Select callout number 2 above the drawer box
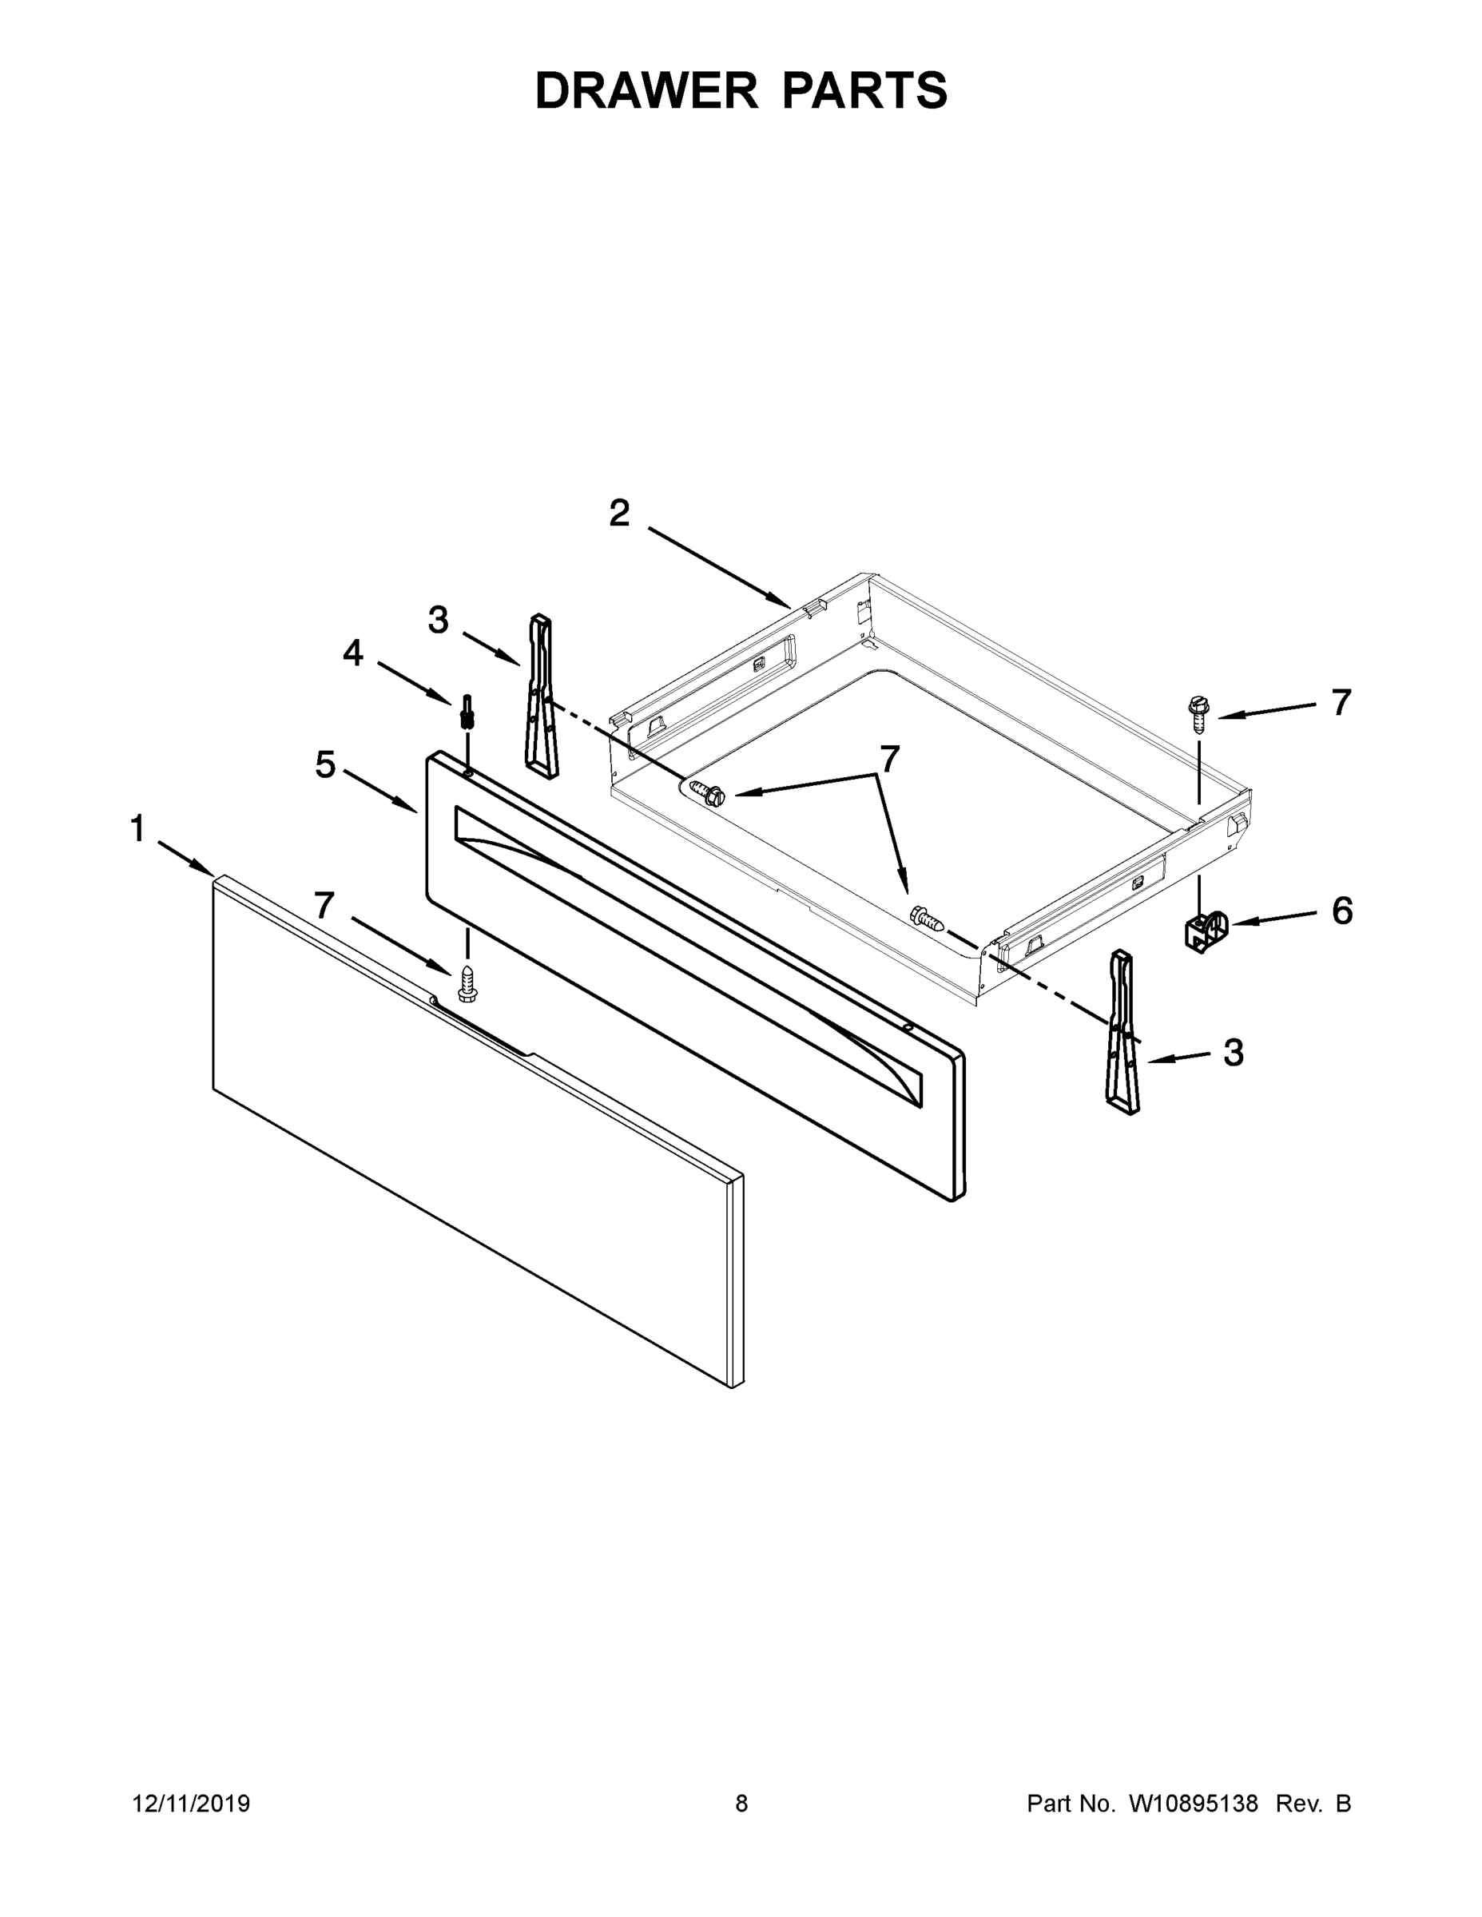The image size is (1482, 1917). [619, 514]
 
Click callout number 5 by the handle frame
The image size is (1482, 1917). [326, 765]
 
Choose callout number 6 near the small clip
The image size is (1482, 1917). [1341, 911]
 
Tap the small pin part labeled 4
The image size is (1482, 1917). [467, 712]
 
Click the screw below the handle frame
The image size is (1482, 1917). [467, 984]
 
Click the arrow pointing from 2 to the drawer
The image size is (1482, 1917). [720, 567]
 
